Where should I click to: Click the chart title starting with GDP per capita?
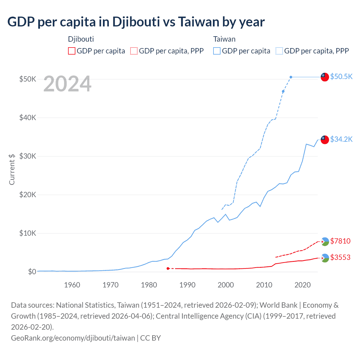(x=136, y=22)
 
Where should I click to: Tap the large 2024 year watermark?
(x=67, y=84)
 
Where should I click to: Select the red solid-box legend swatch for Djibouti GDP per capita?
(x=72, y=51)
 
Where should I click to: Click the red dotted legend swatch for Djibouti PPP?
(x=134, y=51)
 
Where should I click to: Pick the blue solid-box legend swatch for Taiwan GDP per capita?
(x=217, y=51)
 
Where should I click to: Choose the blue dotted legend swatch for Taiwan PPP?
(x=279, y=51)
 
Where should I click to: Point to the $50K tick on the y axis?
(x=28, y=79)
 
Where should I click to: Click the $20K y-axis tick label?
(x=28, y=195)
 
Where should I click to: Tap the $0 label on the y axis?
(x=32, y=272)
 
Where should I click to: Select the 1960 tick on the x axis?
(x=72, y=285)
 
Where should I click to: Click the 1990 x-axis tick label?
(x=187, y=285)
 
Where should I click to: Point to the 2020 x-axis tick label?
(x=303, y=285)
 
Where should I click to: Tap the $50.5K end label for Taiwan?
(x=341, y=76)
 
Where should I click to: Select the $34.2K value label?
(x=341, y=139)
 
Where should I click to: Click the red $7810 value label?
(x=340, y=241)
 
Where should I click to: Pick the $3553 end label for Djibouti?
(x=340, y=257)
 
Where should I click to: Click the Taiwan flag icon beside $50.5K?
(x=325, y=77)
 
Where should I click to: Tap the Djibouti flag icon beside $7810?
(x=325, y=242)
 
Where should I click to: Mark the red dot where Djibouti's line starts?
(x=168, y=268)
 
